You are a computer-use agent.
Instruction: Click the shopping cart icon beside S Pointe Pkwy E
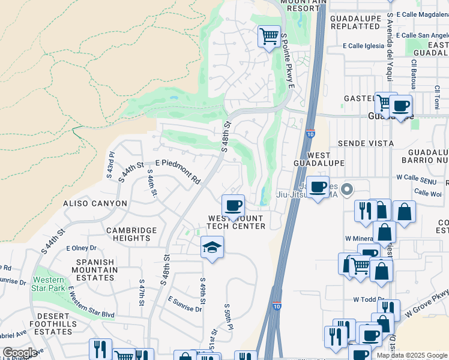click(x=270, y=35)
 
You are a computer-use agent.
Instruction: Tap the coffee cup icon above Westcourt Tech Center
click(x=234, y=206)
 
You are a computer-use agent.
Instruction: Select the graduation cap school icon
click(x=212, y=247)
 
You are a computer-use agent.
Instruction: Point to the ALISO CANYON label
click(x=95, y=203)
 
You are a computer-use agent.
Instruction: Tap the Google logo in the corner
click(x=20, y=353)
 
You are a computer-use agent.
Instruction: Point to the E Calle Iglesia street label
click(x=363, y=46)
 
